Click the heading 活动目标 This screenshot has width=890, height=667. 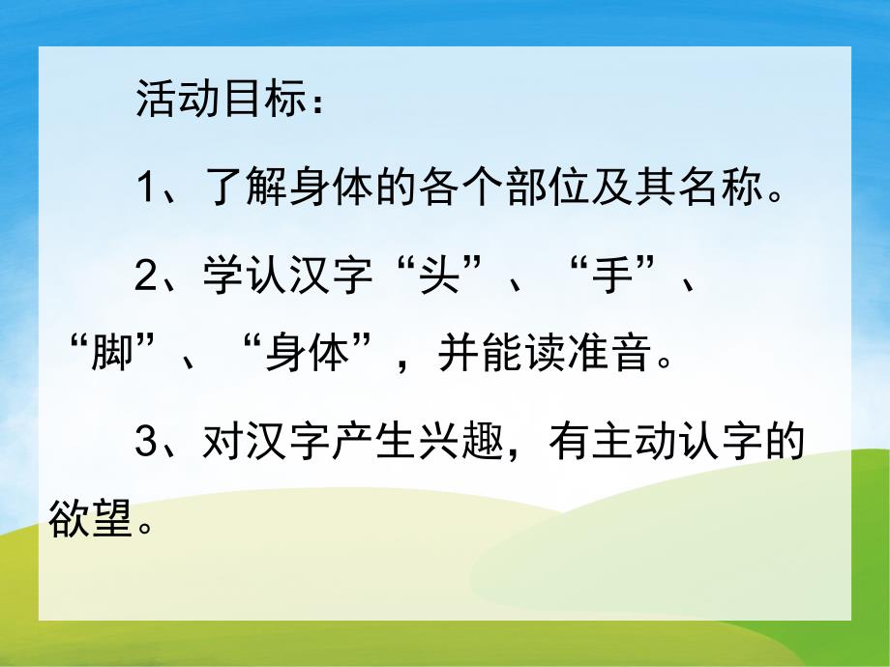214,101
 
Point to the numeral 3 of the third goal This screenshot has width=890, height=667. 146,447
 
